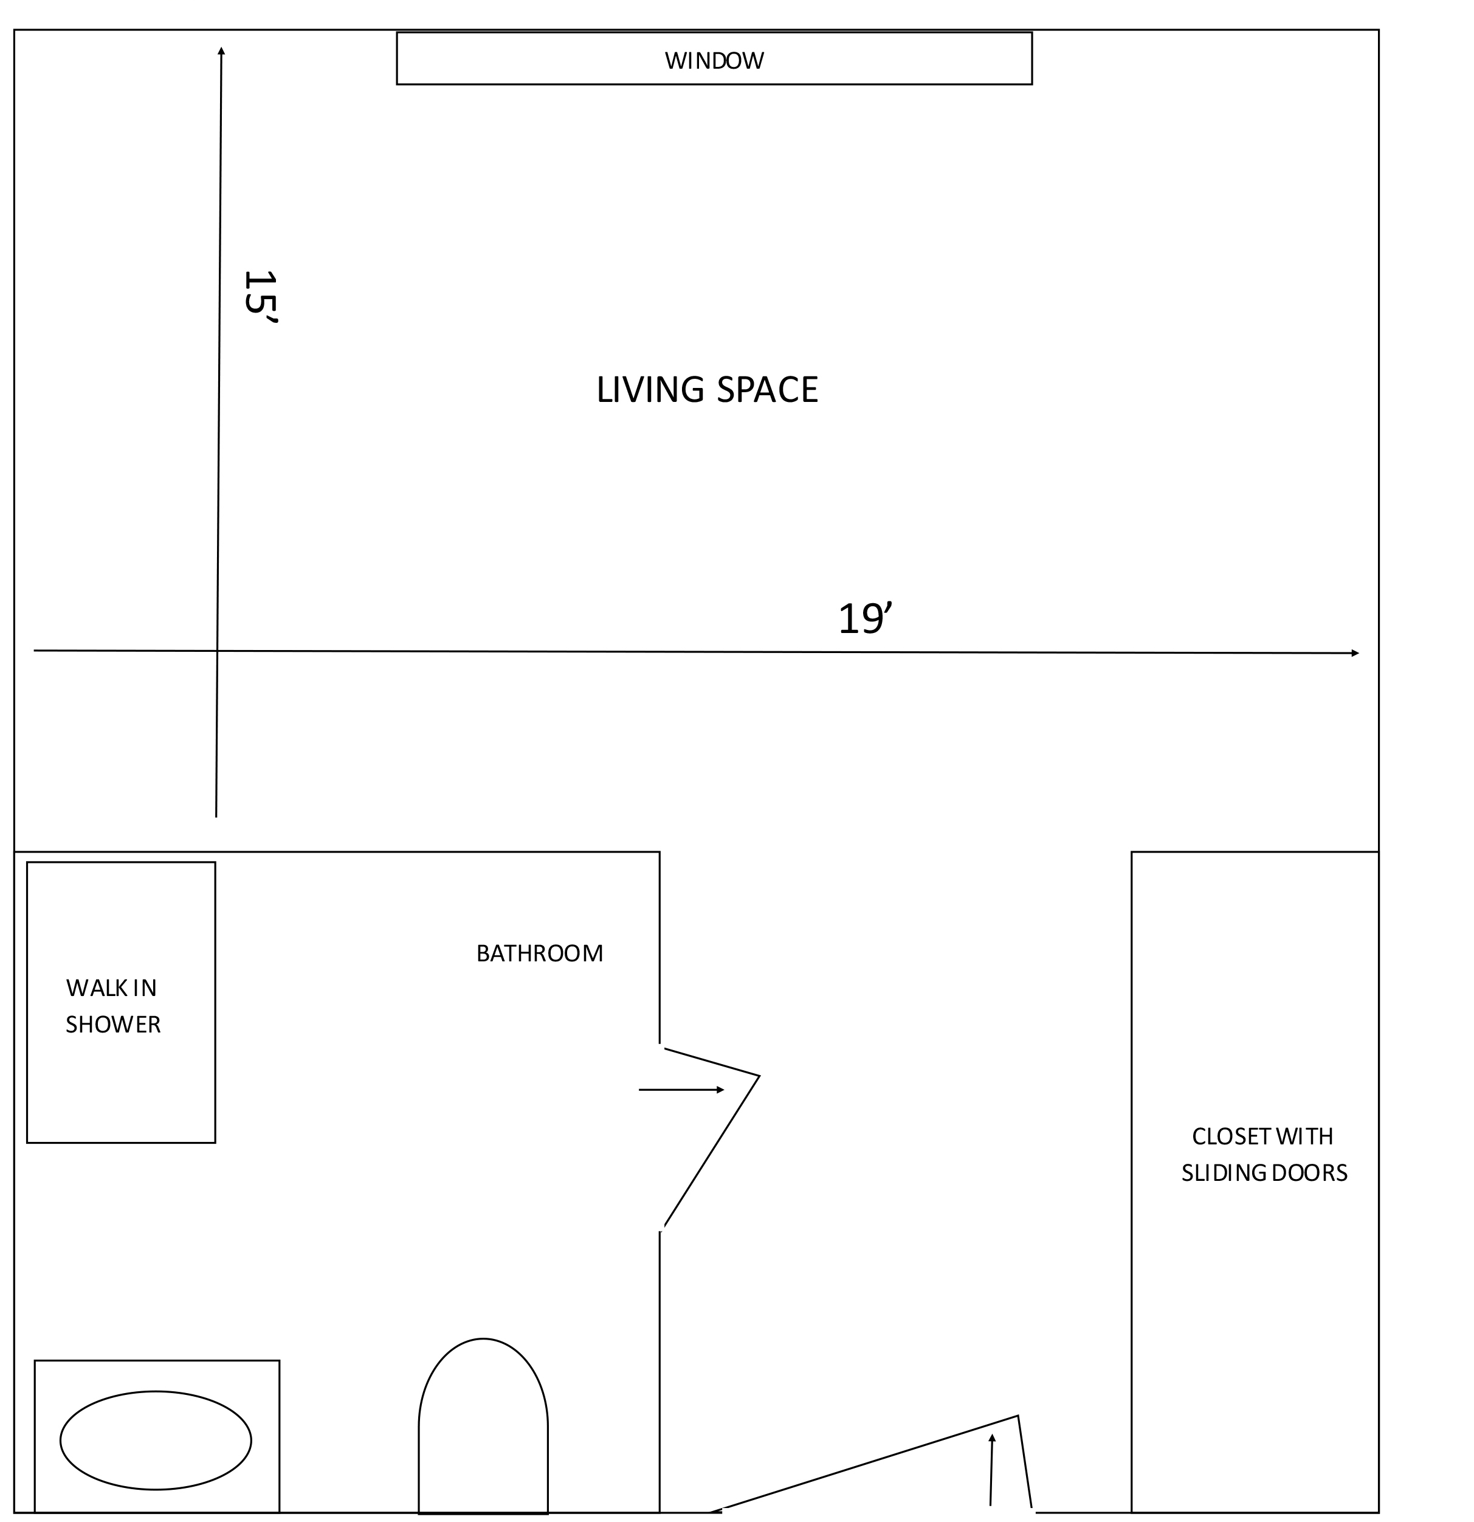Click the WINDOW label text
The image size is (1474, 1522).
click(x=714, y=61)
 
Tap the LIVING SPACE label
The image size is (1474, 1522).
click(x=707, y=390)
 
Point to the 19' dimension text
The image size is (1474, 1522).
click(x=866, y=619)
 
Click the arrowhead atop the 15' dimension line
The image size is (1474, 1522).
click(x=221, y=51)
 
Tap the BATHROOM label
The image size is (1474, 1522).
click(x=540, y=953)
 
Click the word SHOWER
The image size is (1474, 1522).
click(x=113, y=1025)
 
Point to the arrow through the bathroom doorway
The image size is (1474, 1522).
click(x=681, y=1090)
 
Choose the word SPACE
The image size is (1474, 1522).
click(x=767, y=390)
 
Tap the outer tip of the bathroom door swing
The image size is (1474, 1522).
click(x=759, y=1076)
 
